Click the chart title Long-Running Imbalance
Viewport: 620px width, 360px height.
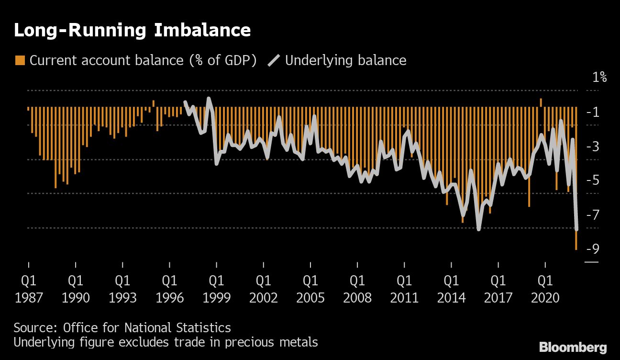(x=132, y=31)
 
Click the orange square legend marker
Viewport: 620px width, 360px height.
(x=20, y=60)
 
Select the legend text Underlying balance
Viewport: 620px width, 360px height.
(x=345, y=61)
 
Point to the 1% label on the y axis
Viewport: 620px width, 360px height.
(x=599, y=77)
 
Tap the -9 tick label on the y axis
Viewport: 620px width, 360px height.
(x=596, y=248)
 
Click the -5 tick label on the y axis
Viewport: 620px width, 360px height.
(x=596, y=180)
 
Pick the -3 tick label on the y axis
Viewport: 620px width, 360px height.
(x=596, y=146)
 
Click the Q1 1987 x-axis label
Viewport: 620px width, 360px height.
(x=29, y=288)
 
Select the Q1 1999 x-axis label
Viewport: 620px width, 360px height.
(x=217, y=288)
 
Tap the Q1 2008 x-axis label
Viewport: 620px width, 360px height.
(x=357, y=288)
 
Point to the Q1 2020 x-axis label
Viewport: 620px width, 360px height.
(x=545, y=288)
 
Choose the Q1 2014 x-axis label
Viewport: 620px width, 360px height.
(x=451, y=288)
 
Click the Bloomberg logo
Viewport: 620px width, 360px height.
(x=573, y=348)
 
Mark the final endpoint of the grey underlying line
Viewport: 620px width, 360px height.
(x=576, y=229)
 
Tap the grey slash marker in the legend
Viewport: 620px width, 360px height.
(x=274, y=60)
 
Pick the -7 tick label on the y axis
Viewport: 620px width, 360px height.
(x=596, y=214)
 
